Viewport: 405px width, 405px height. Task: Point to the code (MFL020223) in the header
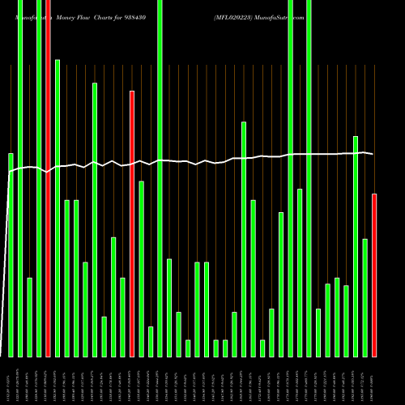(x=237, y=16)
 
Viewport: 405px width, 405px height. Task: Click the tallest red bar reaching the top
(x=48, y=178)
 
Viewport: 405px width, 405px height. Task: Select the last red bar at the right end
(x=374, y=275)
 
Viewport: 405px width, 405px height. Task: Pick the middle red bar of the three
(x=132, y=224)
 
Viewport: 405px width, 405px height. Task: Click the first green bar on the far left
(x=11, y=254)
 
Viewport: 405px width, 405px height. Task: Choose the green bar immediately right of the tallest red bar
(x=58, y=207)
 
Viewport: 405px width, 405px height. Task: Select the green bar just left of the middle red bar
(x=122, y=317)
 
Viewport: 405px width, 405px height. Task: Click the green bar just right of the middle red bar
(x=141, y=268)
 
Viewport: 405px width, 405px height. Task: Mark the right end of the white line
(x=373, y=154)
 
